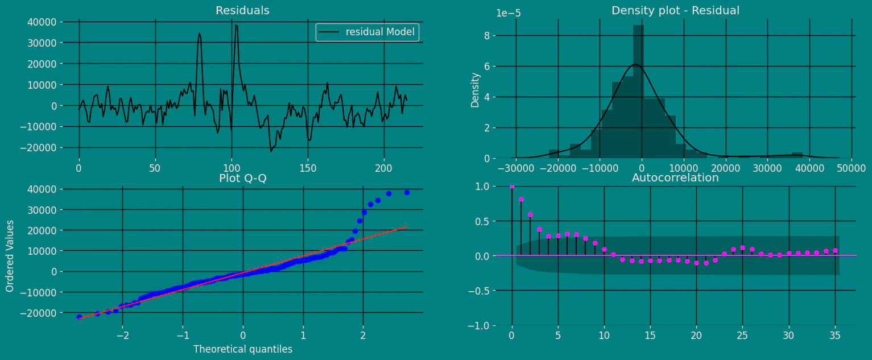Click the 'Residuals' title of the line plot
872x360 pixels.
(x=242, y=11)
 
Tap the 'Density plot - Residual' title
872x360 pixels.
(x=675, y=11)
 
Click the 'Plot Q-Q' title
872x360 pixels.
(x=243, y=179)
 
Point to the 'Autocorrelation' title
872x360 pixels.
(x=675, y=178)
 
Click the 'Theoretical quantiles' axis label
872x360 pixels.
(x=243, y=349)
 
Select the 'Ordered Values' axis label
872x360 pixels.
(x=10, y=256)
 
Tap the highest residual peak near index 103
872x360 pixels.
(x=235, y=25)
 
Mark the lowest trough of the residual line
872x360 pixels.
(x=271, y=151)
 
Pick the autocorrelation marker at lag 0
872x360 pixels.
(x=512, y=186)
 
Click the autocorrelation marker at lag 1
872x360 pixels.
(x=521, y=199)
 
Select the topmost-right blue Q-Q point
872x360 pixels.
(x=407, y=192)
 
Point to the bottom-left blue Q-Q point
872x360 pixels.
(x=79, y=317)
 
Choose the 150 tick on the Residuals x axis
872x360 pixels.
(x=308, y=169)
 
